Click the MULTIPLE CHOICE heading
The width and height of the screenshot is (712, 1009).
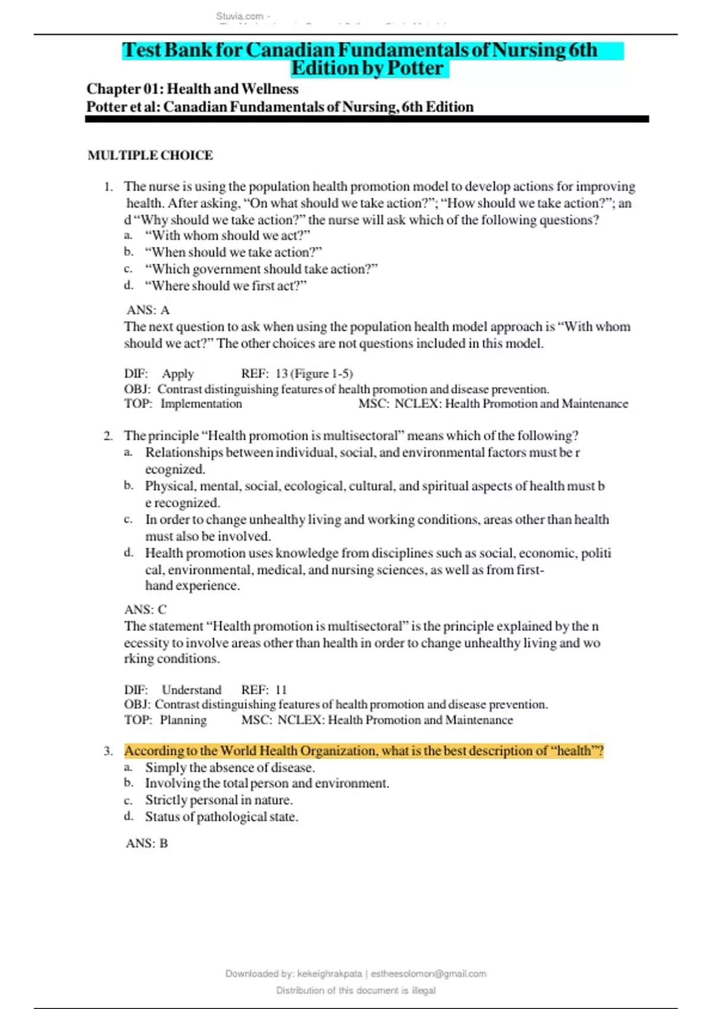point(150,156)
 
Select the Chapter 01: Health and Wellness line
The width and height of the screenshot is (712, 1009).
point(192,89)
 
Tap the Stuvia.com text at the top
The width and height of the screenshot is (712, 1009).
point(240,17)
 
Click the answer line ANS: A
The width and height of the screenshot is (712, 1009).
point(148,310)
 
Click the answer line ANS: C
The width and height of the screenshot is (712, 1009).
point(145,610)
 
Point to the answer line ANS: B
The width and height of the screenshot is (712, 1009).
point(147,843)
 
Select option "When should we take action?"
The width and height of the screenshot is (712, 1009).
point(233,252)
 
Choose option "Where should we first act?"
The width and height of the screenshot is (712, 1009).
point(225,286)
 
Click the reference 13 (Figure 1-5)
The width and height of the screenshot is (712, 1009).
point(314,374)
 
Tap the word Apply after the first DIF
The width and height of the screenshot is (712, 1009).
point(177,374)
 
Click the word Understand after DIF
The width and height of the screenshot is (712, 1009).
point(191,690)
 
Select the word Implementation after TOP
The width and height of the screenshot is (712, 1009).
point(201,404)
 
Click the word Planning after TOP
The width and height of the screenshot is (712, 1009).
point(183,721)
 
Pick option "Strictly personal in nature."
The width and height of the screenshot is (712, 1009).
point(218,800)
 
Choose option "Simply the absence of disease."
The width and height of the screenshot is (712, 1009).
point(230,767)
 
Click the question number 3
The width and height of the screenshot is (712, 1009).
point(108,751)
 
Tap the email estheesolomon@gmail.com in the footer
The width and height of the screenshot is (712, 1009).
point(428,974)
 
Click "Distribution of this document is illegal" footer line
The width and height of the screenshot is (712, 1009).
point(355,991)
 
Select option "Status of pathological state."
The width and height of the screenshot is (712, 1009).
point(221,817)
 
